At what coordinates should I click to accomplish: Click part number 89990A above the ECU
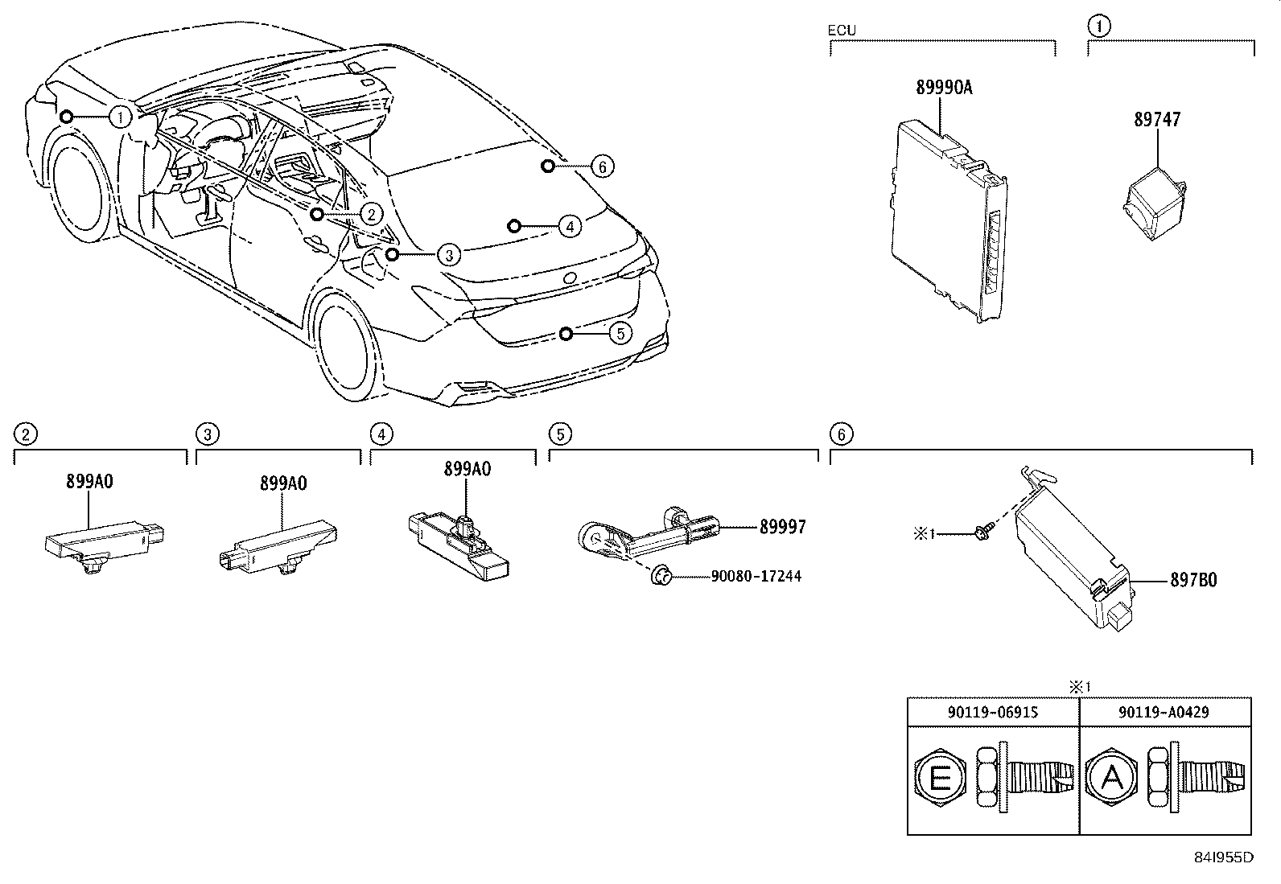pyautogui.click(x=944, y=88)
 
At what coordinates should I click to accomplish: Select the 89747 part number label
pyautogui.click(x=1157, y=120)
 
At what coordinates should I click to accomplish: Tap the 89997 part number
pyautogui.click(x=782, y=527)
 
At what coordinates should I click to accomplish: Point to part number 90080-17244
pyautogui.click(x=756, y=577)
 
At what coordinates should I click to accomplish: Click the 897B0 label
pyautogui.click(x=1194, y=580)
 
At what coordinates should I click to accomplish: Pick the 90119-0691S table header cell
pyautogui.click(x=993, y=712)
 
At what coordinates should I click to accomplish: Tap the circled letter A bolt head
pyautogui.click(x=1111, y=779)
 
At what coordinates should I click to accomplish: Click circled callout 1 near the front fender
pyautogui.click(x=120, y=117)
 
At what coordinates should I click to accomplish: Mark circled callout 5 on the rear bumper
pyautogui.click(x=620, y=333)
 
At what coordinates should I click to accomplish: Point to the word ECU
pyautogui.click(x=842, y=31)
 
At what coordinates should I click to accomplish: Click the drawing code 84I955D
pyautogui.click(x=1223, y=857)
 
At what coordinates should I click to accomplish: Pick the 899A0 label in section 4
pyautogui.click(x=468, y=470)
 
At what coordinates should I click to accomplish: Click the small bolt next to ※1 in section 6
pyautogui.click(x=983, y=531)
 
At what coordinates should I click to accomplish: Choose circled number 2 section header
pyautogui.click(x=27, y=435)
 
